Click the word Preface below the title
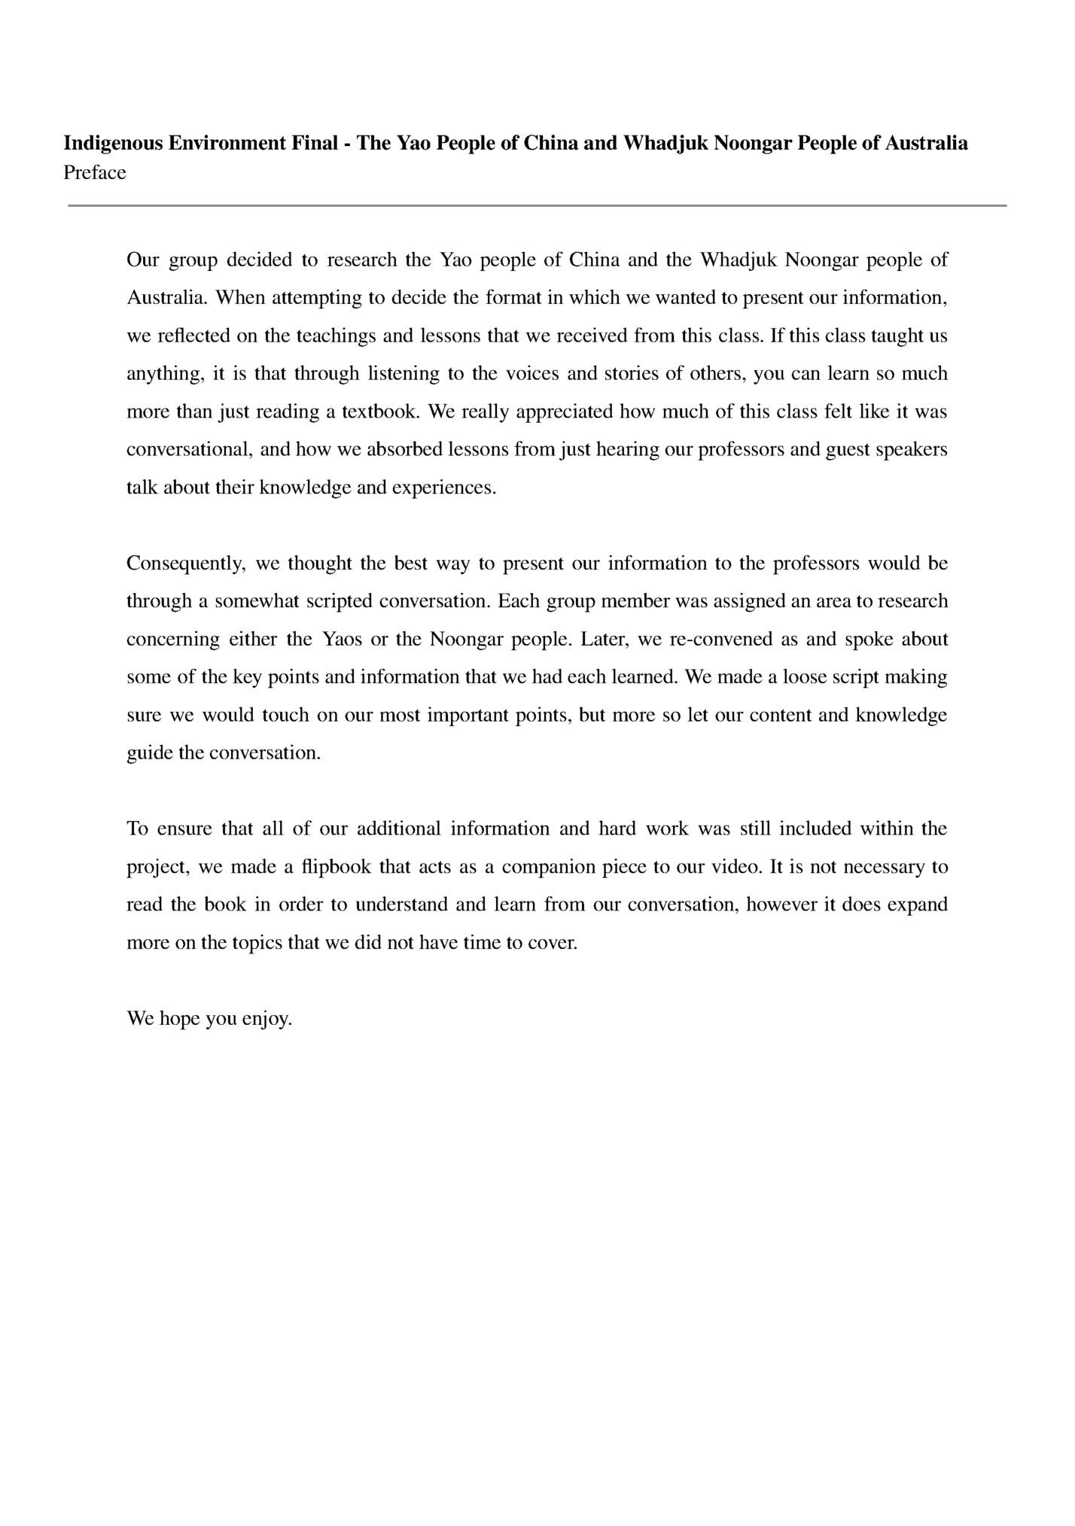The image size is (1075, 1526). tap(94, 173)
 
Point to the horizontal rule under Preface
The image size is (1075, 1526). tap(537, 205)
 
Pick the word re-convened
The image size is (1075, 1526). tap(728, 640)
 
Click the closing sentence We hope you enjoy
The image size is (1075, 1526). tap(209, 1019)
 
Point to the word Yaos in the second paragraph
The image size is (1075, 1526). tap(342, 640)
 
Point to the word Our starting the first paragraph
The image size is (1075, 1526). tap(142, 260)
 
